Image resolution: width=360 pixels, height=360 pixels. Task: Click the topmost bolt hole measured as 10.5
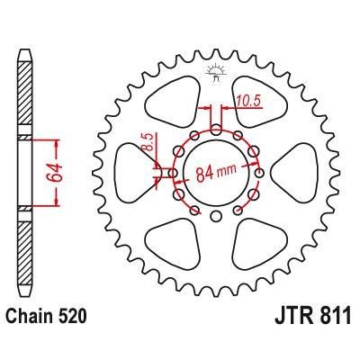pos(215,127)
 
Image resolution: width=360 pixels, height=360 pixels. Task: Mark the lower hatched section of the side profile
pos(24,256)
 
